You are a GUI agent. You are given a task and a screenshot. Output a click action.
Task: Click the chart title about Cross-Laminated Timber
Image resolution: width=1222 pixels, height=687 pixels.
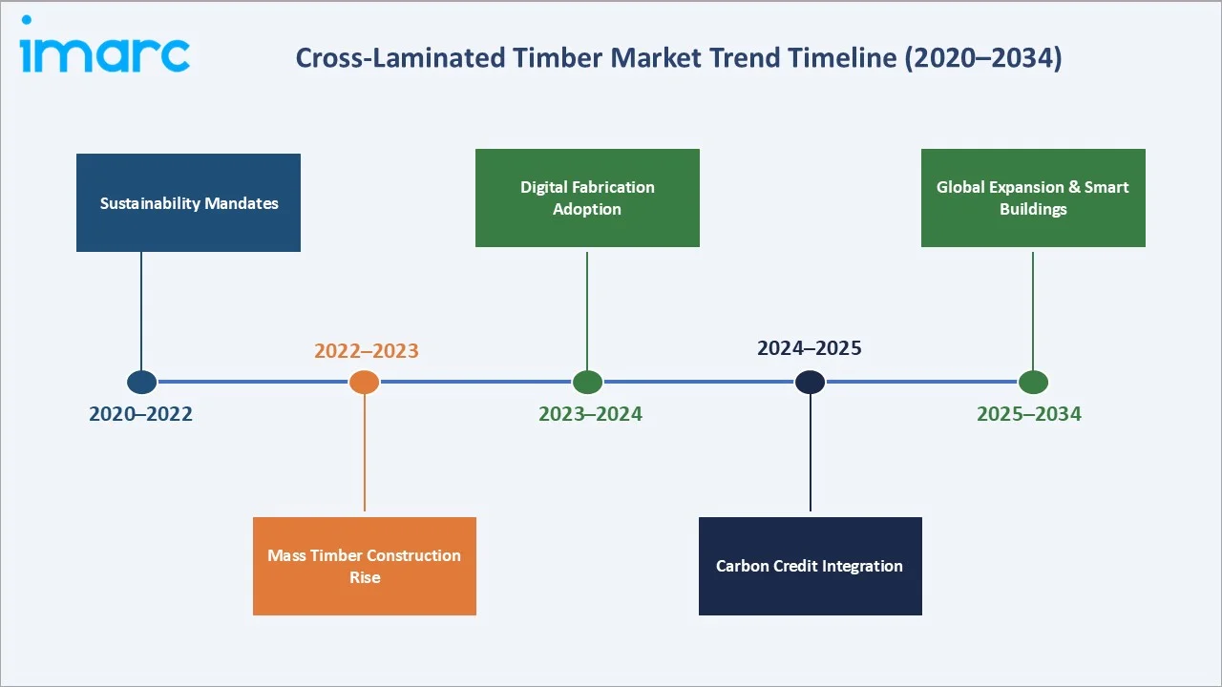point(678,58)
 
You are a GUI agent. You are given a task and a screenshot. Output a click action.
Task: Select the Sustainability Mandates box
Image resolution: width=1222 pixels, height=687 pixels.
point(188,203)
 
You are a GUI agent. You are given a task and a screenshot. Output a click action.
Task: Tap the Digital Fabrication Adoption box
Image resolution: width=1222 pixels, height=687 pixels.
point(587,198)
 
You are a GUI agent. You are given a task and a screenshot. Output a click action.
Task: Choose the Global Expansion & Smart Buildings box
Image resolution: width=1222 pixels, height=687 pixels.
point(1032,198)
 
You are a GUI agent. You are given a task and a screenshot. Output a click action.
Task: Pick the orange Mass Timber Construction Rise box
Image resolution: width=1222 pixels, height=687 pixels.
point(364,566)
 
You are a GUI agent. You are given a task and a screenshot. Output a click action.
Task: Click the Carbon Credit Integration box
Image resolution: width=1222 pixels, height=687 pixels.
point(810,566)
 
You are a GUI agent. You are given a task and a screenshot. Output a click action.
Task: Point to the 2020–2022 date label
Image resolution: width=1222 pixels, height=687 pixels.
point(140,414)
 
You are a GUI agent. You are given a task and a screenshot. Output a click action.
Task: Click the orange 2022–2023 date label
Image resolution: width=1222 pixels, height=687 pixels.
point(367,351)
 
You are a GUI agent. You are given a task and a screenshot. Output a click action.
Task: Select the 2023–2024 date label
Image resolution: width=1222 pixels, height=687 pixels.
point(590,414)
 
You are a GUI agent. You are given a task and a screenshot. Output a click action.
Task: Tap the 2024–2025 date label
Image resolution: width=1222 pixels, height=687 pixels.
point(810,348)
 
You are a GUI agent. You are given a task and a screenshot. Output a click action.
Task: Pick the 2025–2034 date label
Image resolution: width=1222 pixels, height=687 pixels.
point(1029,414)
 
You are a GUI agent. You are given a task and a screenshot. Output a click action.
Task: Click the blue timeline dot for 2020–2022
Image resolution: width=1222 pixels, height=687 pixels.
point(141,383)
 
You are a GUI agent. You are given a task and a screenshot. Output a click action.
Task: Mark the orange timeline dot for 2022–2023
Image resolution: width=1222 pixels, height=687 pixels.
point(364,383)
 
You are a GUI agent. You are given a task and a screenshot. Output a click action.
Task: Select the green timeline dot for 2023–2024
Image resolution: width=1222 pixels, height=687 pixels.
point(587,383)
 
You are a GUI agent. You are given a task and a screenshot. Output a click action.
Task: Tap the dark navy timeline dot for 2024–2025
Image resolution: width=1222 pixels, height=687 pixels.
point(810,383)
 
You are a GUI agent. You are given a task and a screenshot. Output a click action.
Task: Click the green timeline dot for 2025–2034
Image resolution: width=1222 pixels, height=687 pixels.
point(1032,383)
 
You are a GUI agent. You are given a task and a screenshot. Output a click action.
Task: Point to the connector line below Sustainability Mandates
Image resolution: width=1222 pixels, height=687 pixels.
point(141,310)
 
